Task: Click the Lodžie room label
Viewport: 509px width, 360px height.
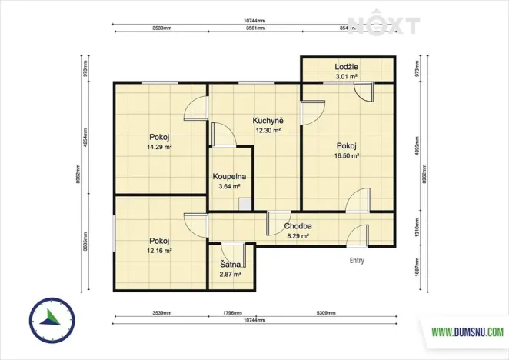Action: point(346,67)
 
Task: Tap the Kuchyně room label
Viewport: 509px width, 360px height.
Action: point(268,121)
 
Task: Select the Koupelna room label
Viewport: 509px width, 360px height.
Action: point(228,176)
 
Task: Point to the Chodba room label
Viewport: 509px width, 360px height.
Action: point(297,226)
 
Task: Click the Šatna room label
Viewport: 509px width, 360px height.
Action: point(231,264)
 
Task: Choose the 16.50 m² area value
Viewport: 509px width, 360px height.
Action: point(348,155)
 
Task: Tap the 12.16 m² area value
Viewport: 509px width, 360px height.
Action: point(160,250)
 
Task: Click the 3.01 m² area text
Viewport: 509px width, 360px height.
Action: point(346,77)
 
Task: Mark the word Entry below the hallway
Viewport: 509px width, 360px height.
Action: point(357,261)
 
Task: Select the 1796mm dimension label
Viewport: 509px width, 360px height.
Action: point(231,314)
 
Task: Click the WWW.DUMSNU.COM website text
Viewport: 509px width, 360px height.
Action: point(467,332)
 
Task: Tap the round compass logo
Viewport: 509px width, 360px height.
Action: point(52,319)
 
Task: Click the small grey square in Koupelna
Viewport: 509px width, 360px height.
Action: point(244,204)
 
